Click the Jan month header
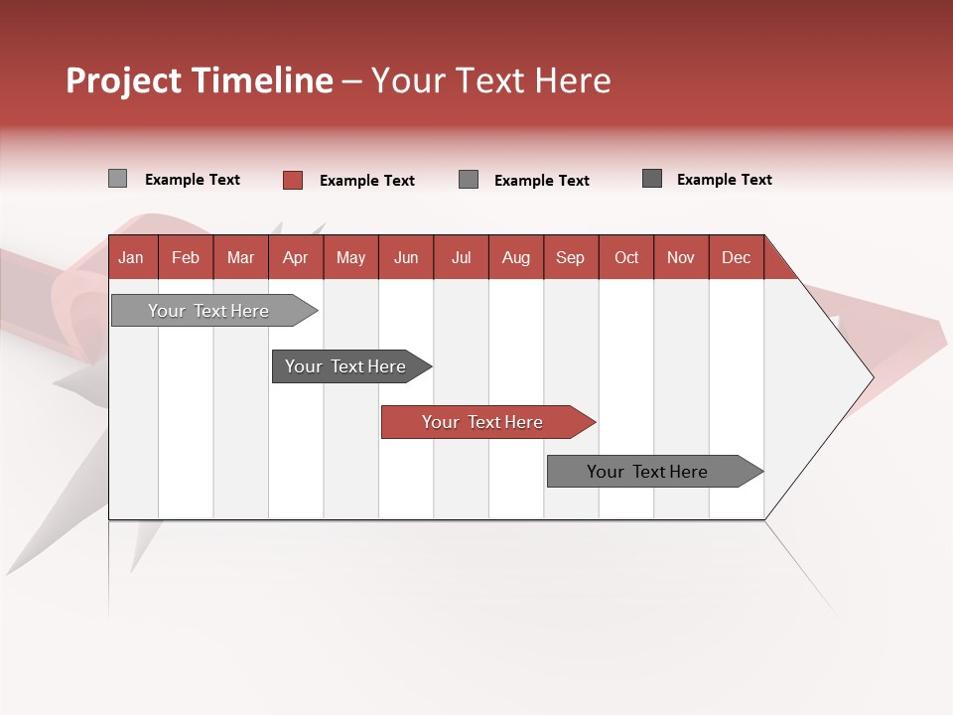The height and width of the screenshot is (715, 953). click(131, 257)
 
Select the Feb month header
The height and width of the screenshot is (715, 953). click(186, 257)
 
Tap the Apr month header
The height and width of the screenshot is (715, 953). click(296, 257)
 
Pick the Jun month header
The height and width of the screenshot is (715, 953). click(406, 257)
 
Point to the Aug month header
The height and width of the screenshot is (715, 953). click(516, 257)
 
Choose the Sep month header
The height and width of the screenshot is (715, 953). click(571, 257)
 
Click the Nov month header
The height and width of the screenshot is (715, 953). click(681, 257)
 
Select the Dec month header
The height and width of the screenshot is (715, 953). click(737, 257)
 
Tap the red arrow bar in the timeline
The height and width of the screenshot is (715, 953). click(484, 422)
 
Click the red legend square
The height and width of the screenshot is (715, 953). click(293, 180)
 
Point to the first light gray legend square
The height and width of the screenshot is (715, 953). click(118, 179)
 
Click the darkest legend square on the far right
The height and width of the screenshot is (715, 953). click(652, 179)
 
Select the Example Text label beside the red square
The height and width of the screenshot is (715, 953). click(367, 181)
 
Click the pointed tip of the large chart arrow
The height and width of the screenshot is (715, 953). click(871, 377)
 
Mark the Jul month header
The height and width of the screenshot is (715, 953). click(462, 257)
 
